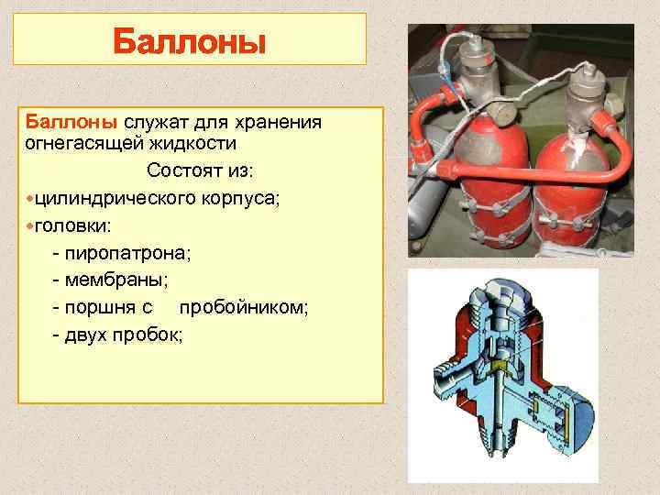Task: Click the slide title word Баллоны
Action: pos(189,42)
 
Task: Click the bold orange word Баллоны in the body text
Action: pos(71,123)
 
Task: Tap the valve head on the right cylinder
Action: pos(583,91)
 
